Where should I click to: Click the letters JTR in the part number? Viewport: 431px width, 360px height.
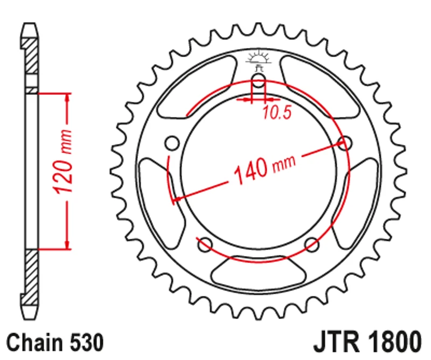[335, 342]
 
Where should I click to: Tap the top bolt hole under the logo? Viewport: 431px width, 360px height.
[259, 82]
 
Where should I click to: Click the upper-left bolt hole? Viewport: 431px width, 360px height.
[172, 143]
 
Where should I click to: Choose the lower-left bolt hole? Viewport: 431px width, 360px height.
[205, 245]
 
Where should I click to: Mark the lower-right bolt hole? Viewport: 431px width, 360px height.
[312, 245]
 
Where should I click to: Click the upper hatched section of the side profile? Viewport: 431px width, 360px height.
[32, 54]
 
